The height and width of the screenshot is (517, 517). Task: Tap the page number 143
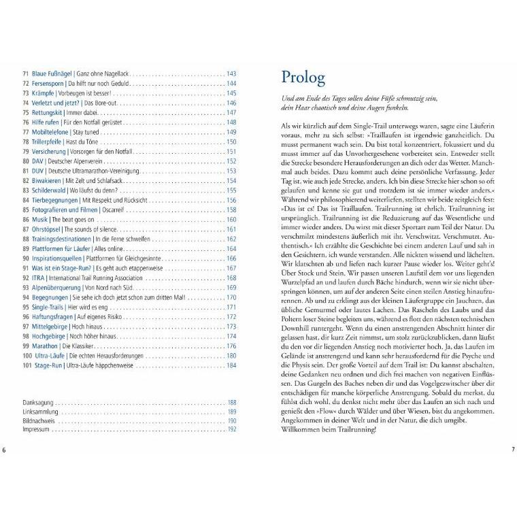(231, 73)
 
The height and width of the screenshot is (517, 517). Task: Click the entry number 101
(27, 366)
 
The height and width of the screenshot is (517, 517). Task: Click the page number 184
(231, 366)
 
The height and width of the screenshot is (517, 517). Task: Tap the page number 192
(231, 430)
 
